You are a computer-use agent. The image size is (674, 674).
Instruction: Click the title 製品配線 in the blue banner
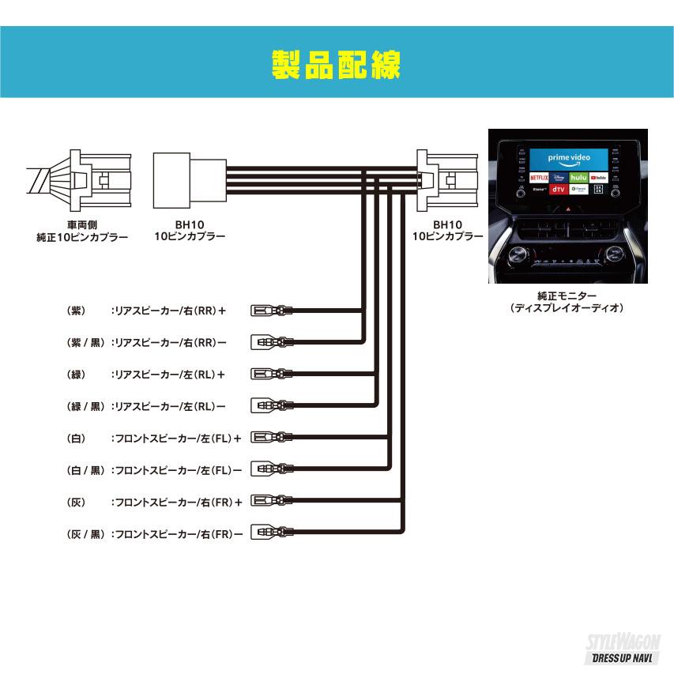pos(337,66)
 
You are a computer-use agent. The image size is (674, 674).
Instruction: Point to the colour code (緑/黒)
pos(86,406)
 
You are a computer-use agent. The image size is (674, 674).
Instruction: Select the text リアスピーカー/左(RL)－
pos(170,406)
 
